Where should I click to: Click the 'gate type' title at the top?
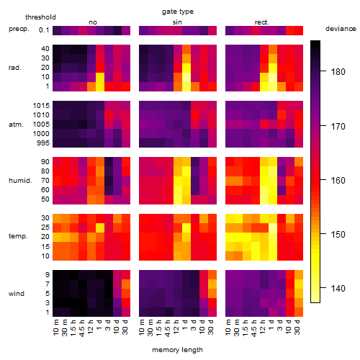pyautogui.click(x=178, y=12)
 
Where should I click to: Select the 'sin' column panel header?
pyautogui.click(x=177, y=22)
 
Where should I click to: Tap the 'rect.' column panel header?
pyautogui.click(x=262, y=22)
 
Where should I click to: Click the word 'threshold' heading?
pyautogui.click(x=40, y=17)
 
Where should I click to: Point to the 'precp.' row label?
pyautogui.click(x=19, y=29)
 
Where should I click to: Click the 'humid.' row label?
pyautogui.click(x=20, y=180)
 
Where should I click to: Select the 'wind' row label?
pyautogui.click(x=17, y=294)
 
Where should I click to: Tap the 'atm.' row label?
pyautogui.click(x=16, y=125)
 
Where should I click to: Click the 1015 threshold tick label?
pyautogui.click(x=41, y=105)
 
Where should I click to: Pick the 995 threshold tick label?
pyautogui.click(x=43, y=143)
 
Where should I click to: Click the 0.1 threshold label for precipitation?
pyautogui.click(x=44, y=30)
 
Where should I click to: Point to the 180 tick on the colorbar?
pyautogui.click(x=338, y=71)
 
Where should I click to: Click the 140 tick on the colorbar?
pyautogui.click(x=338, y=288)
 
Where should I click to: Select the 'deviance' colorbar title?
pyautogui.click(x=341, y=29)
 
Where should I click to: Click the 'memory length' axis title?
pyautogui.click(x=177, y=350)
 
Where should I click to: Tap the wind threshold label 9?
pyautogui.click(x=48, y=274)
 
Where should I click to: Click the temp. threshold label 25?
pyautogui.click(x=45, y=227)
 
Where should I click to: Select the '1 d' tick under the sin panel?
pyautogui.click(x=185, y=325)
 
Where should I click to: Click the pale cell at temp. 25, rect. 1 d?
pyautogui.click(x=273, y=228)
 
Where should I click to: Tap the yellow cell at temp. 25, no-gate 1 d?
pyautogui.click(x=100, y=228)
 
